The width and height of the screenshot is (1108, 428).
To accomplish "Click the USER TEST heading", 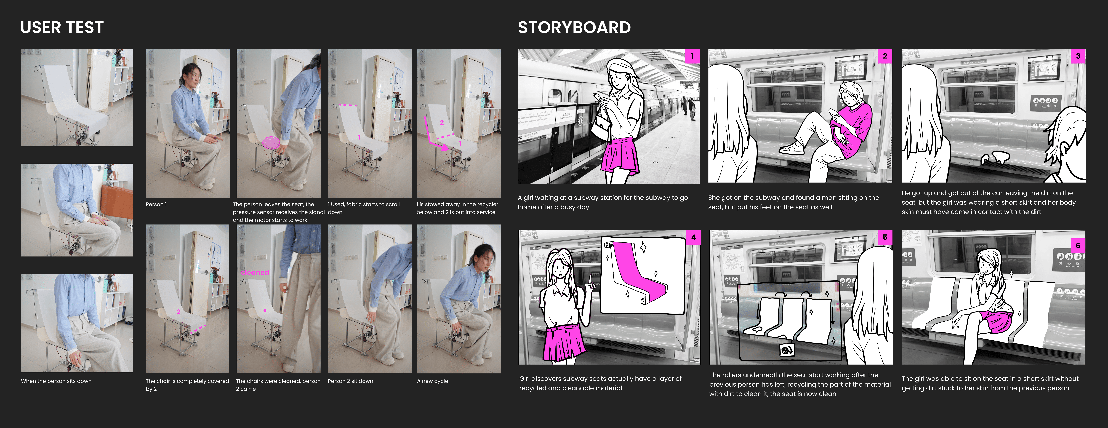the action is tap(62, 28).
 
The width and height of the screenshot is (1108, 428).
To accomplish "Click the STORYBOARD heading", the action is tap(574, 28).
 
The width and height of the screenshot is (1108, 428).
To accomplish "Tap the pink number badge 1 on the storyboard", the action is tap(692, 56).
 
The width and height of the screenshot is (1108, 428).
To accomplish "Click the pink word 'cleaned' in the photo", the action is tap(255, 272).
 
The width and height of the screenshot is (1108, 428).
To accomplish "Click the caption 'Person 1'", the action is tap(156, 204).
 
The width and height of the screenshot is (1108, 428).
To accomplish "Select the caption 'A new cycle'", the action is tap(432, 381).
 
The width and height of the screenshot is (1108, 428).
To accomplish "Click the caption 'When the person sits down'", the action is tap(56, 381).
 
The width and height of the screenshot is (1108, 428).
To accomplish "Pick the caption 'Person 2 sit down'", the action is tap(351, 381).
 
